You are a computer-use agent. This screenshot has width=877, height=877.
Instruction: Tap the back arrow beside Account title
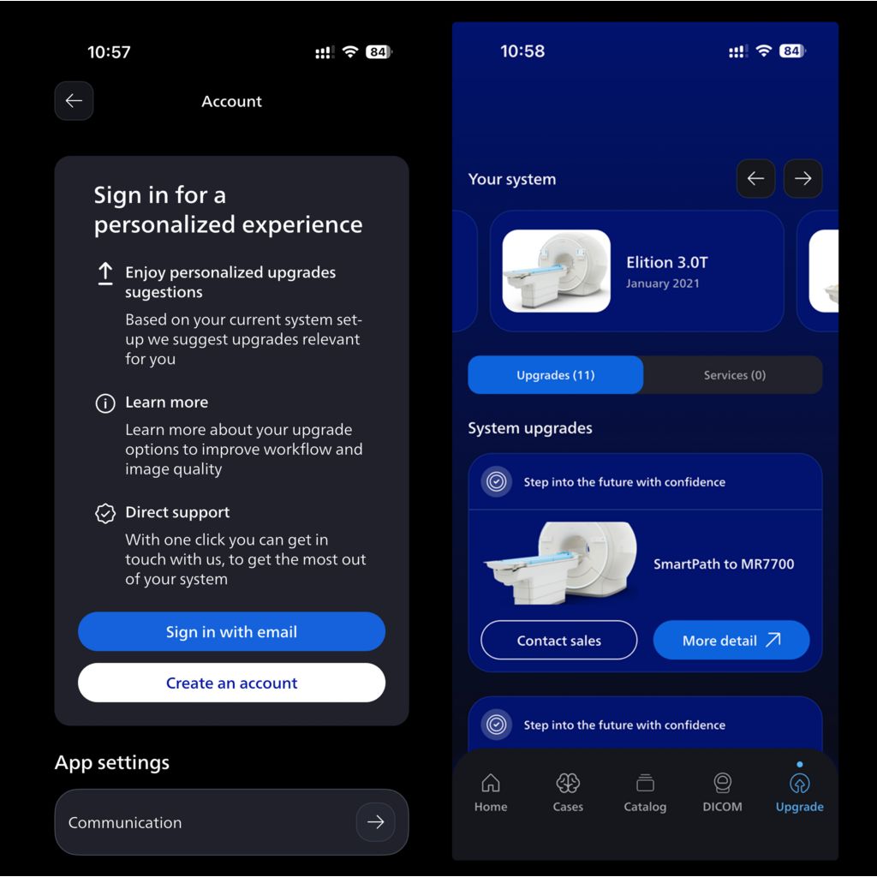pyautogui.click(x=74, y=101)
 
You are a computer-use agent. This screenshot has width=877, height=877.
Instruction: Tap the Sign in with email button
pyautogui.click(x=231, y=631)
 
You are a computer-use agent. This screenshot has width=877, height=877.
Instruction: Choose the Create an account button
pyautogui.click(x=231, y=683)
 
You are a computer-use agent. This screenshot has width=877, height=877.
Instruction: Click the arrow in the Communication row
pyautogui.click(x=375, y=821)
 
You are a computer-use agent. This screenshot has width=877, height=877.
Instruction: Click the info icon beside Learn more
pyautogui.click(x=105, y=403)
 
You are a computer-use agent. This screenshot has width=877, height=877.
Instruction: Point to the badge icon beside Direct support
pyautogui.click(x=105, y=513)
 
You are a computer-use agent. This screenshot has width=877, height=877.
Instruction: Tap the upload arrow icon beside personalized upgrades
pyautogui.click(x=105, y=274)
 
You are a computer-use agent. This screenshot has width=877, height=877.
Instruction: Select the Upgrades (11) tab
pyautogui.click(x=555, y=375)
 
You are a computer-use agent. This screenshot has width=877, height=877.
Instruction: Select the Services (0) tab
pyautogui.click(x=734, y=375)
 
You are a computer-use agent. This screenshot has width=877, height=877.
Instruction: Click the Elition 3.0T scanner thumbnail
pyautogui.click(x=557, y=271)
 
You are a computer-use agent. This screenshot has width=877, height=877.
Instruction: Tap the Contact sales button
pyautogui.click(x=558, y=640)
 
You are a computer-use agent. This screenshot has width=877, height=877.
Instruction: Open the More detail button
pyautogui.click(x=731, y=640)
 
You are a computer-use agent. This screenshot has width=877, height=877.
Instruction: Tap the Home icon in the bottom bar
pyautogui.click(x=491, y=783)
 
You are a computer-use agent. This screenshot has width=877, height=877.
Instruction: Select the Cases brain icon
pyautogui.click(x=568, y=783)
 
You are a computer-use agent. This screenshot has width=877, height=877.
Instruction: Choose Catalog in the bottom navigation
pyautogui.click(x=645, y=791)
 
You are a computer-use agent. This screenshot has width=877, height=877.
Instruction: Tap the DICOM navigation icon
pyautogui.click(x=723, y=783)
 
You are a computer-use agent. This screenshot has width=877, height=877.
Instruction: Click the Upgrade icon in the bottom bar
pyautogui.click(x=800, y=784)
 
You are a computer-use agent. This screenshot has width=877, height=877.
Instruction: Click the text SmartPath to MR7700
pyautogui.click(x=724, y=564)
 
